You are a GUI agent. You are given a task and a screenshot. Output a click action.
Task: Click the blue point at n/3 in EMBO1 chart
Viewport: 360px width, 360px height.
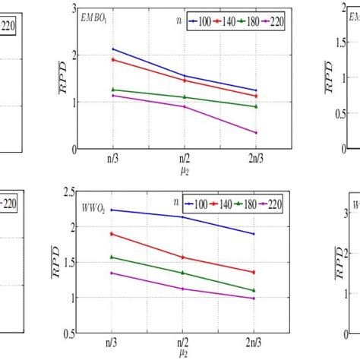pos(112,49)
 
